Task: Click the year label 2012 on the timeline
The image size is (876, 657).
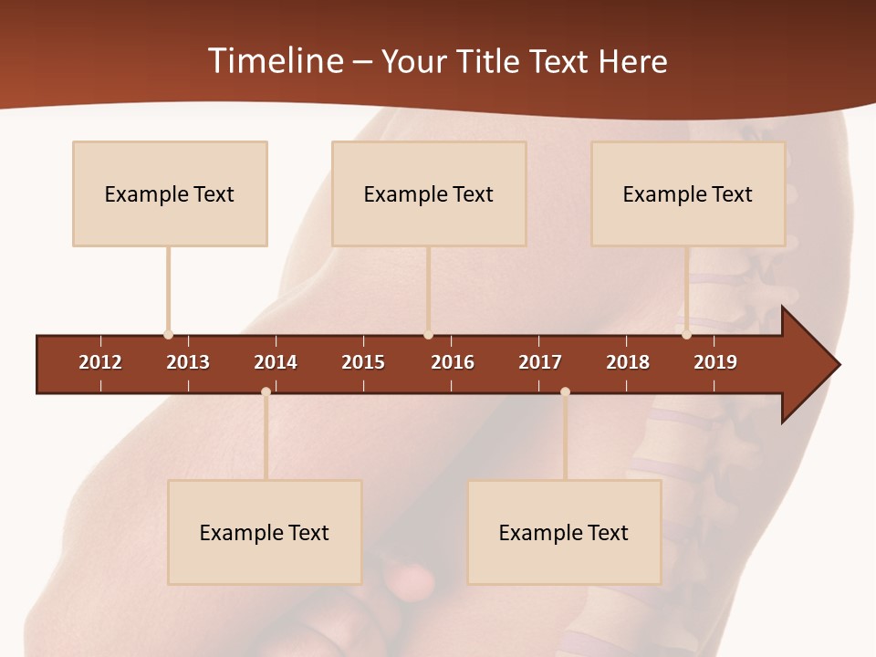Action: [x=100, y=362]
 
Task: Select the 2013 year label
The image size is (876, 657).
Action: [x=188, y=362]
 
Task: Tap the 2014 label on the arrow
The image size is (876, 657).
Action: [x=276, y=362]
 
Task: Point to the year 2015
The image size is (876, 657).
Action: [x=363, y=362]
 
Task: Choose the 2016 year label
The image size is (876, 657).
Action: [x=453, y=362]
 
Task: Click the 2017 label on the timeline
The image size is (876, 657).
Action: [x=540, y=362]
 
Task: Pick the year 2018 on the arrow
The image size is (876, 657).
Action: [x=628, y=362]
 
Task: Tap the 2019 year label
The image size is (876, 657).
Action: [x=715, y=362]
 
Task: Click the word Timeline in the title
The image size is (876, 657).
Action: [x=275, y=61]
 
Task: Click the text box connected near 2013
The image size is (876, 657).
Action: [x=170, y=193]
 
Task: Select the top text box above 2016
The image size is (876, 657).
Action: [x=429, y=193]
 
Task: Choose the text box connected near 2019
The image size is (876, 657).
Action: [x=688, y=193]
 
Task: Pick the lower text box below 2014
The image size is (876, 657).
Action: [x=265, y=532]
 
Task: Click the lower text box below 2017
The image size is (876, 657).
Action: [x=564, y=532]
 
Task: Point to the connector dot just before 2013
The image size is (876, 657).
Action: [x=168, y=335]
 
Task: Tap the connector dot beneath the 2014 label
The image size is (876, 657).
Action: [x=266, y=392]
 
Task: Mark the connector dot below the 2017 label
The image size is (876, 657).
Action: [x=565, y=392]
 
